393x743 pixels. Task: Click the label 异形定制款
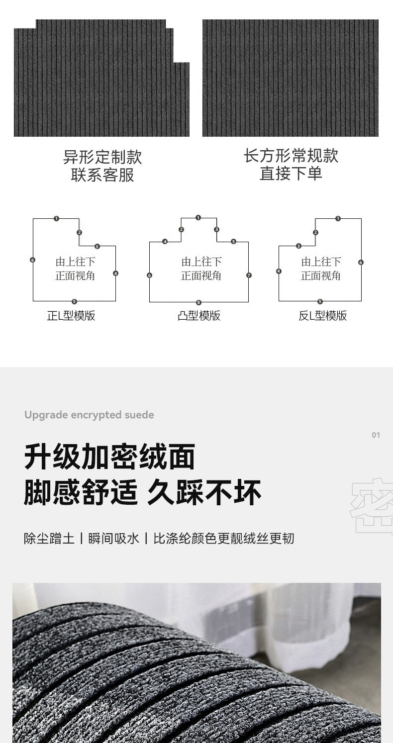102,157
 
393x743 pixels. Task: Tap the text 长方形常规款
291,156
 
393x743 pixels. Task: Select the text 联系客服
102,175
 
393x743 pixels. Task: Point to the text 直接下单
291,174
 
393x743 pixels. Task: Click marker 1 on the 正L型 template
56,218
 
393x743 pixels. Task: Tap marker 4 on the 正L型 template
115,273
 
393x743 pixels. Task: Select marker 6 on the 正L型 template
33,260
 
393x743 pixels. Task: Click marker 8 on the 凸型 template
198,302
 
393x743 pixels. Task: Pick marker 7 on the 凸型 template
249,275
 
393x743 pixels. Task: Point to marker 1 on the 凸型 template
198,218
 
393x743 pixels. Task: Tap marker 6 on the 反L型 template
361,262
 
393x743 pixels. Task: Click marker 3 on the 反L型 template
298,246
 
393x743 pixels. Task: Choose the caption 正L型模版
71,316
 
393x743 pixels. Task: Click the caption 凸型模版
199,316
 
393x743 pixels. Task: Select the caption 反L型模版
323,316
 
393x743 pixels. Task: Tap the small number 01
376,435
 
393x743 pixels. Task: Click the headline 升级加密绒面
110,457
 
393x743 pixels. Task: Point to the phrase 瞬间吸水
114,538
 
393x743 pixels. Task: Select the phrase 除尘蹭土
49,538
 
